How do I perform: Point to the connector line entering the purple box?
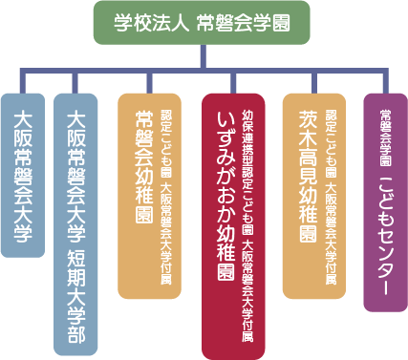point(387,81)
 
